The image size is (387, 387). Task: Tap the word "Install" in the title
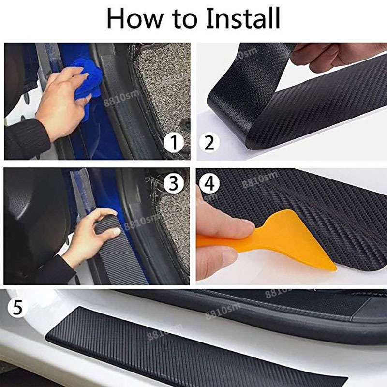[x=243, y=18]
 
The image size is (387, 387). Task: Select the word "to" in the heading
[x=185, y=20]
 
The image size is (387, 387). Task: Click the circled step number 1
[x=174, y=143]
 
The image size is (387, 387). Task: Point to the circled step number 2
[x=209, y=143]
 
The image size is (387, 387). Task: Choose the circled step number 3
[x=174, y=183]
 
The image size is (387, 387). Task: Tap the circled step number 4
[x=209, y=183]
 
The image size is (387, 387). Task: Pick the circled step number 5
[x=17, y=307]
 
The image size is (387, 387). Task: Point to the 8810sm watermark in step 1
[x=121, y=98]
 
